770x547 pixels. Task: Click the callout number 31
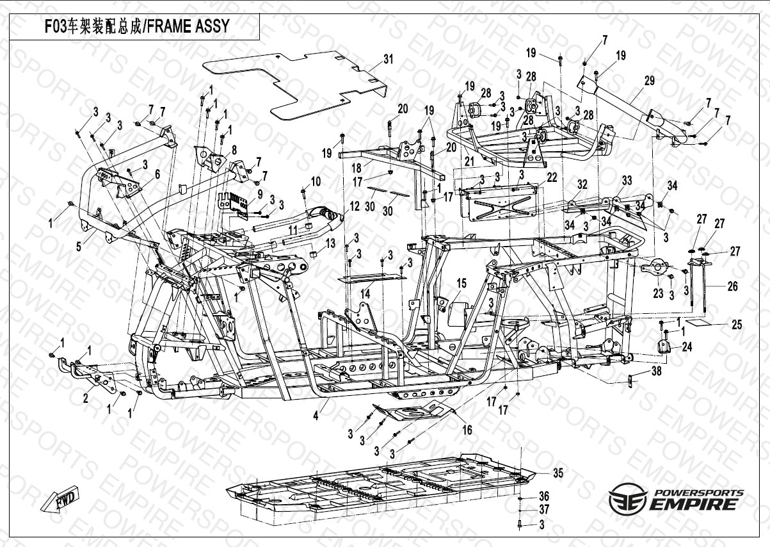(389, 59)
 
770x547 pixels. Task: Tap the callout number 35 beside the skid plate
(558, 473)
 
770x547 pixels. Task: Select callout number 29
(649, 81)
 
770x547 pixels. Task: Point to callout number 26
(732, 286)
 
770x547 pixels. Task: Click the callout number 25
(737, 325)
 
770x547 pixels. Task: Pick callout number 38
(657, 371)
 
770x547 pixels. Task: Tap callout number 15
(461, 284)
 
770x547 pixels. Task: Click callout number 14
(365, 294)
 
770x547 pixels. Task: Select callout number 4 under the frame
(316, 416)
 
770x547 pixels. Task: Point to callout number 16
(467, 430)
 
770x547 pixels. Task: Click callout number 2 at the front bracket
(86, 398)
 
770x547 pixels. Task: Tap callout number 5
(79, 247)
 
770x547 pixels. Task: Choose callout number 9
(260, 194)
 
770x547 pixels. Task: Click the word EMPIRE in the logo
(693, 505)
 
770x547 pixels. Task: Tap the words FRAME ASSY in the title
(188, 26)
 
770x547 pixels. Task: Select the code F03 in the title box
(55, 26)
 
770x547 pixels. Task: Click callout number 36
(544, 496)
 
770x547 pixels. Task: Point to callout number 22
(552, 177)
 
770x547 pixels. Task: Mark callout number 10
(316, 181)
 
